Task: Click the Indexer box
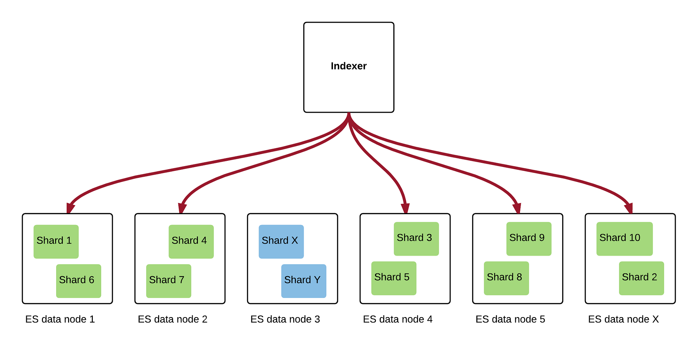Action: [349, 67]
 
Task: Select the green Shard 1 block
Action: [56, 241]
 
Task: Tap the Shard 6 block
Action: [79, 281]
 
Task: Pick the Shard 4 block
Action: [191, 241]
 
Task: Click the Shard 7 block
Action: [169, 281]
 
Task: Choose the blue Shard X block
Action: [281, 241]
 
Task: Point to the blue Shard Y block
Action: [304, 281]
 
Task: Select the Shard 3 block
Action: [416, 239]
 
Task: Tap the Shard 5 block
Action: [394, 278]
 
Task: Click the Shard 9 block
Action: [529, 239]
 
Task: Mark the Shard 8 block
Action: [506, 278]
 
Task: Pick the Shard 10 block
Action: [624, 239]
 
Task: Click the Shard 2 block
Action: [641, 278]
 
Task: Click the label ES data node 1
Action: [60, 319]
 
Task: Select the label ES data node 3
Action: [285, 319]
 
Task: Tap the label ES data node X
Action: [623, 319]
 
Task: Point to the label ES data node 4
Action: [398, 319]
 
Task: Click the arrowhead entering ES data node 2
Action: [182, 208]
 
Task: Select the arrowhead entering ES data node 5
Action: [517, 208]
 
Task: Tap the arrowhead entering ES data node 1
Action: [70, 208]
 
